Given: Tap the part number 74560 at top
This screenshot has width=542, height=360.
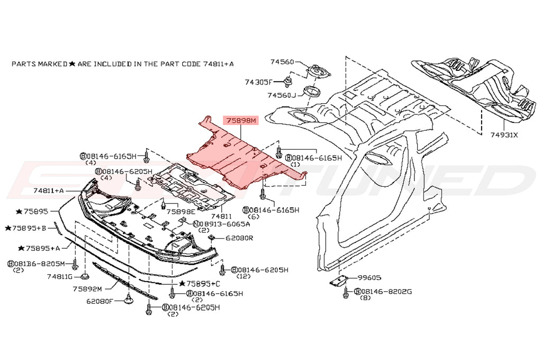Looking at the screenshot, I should [282, 62].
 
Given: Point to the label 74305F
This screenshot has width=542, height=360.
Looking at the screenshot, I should [258, 82].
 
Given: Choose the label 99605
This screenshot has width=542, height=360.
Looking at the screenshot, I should [369, 277].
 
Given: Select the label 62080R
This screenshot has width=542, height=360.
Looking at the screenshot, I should [239, 238].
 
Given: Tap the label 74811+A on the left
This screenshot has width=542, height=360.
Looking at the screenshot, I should [48, 190].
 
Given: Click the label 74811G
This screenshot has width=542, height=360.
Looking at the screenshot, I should [60, 276].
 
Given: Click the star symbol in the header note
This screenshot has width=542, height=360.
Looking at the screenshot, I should [72, 64].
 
